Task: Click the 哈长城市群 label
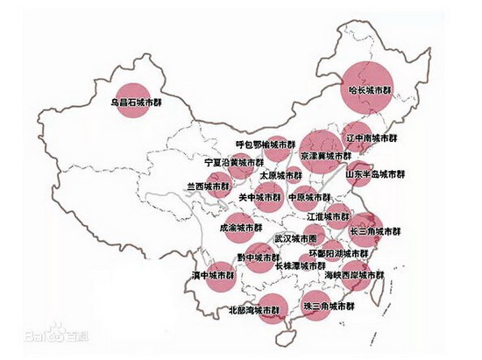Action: pos(370,91)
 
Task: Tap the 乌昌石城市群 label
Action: pos(138,102)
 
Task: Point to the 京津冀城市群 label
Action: pos(325,155)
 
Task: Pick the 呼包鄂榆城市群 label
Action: pos(261,145)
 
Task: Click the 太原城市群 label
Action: pos(280,175)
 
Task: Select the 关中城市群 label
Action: pos(259,198)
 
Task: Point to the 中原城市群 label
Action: pos(310,198)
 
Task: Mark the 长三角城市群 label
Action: pos(375,232)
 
